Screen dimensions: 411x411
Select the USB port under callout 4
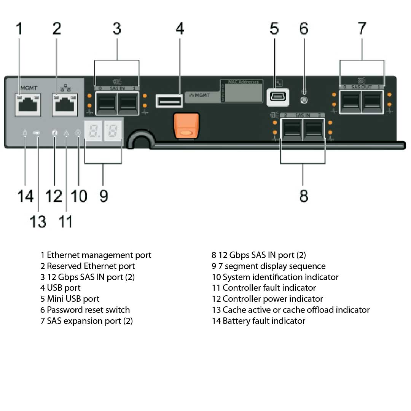click(x=169, y=100)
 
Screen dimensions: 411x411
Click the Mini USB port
click(x=277, y=97)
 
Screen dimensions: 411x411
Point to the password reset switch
click(x=304, y=100)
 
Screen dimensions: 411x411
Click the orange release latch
click(x=186, y=125)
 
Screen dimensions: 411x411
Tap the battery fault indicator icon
click(x=25, y=133)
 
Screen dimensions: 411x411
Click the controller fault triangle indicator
click(x=66, y=133)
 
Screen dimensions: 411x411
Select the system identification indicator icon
click(x=78, y=133)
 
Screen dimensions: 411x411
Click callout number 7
click(x=362, y=29)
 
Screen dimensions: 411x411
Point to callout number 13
click(x=38, y=221)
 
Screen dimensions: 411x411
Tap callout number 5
click(x=274, y=29)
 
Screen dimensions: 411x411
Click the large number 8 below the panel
click(x=303, y=196)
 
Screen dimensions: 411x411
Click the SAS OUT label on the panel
click(x=361, y=87)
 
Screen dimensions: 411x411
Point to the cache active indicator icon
click(x=37, y=133)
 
